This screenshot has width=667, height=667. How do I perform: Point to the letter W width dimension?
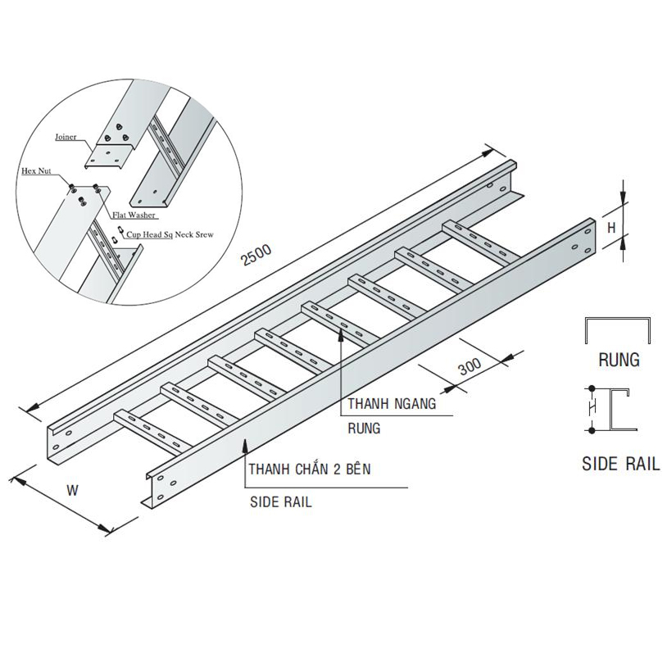click(72, 492)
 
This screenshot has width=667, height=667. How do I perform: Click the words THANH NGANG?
click(389, 404)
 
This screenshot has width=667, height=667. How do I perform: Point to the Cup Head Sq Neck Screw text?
click(170, 234)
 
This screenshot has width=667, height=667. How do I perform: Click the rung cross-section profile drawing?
click(618, 330)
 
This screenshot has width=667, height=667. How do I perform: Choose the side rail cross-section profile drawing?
click(616, 409)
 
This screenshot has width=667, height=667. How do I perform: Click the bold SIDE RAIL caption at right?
click(620, 465)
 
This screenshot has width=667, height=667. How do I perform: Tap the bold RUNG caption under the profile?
click(619, 359)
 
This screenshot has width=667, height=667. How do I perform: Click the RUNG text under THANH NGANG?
click(364, 427)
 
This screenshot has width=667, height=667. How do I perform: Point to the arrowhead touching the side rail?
click(243, 443)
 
